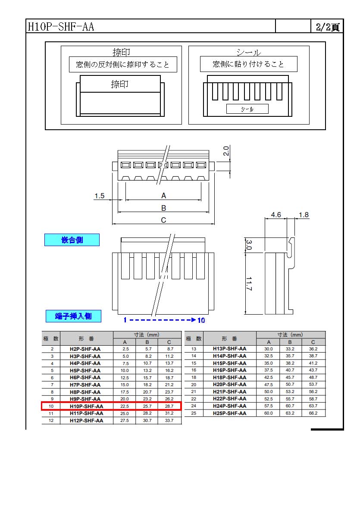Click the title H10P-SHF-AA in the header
coord(61,26)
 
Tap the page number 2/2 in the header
coord(323,27)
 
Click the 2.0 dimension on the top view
coord(226,150)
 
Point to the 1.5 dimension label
coord(99,196)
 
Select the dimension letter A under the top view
coord(163,195)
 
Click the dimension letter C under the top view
coord(163,220)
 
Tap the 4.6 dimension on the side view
coord(276,215)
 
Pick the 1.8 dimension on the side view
coord(304,215)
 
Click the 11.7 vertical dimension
coord(249,284)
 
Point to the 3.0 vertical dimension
coord(249,245)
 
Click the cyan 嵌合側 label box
coord(72,240)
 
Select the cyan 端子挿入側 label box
coord(73,316)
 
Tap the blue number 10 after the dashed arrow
coord(201,320)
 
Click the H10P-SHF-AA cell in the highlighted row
coord(86,406)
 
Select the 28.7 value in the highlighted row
coord(169,406)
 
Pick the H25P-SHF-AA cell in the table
coord(229,413)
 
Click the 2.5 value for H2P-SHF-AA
coord(125,349)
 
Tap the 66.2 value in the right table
coord(313,413)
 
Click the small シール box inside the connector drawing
coord(247,109)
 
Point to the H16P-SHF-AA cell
coord(229,370)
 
